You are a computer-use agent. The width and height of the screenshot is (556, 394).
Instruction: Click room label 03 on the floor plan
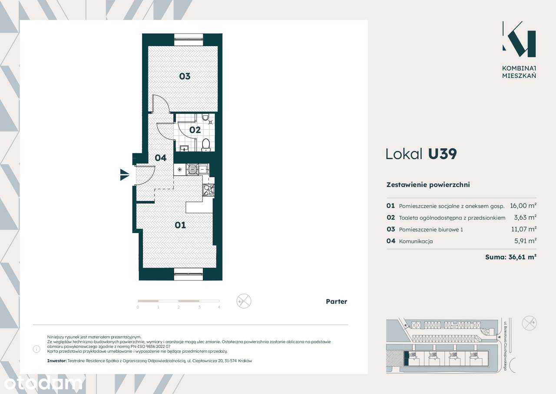[185, 76]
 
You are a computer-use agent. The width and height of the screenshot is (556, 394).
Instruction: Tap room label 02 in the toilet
[195, 130]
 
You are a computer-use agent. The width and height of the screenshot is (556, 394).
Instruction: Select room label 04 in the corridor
[161, 158]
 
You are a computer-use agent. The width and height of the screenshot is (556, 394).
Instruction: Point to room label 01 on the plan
[180, 225]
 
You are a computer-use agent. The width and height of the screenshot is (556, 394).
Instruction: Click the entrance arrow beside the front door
[125, 175]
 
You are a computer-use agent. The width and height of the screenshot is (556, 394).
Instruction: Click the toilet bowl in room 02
[206, 144]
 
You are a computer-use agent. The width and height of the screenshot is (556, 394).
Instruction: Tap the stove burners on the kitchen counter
[209, 190]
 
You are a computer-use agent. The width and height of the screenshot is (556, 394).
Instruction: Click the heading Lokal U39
[421, 154]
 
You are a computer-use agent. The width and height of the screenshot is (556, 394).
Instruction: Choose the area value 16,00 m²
[523, 206]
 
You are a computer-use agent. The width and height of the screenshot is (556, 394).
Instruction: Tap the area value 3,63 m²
[525, 217]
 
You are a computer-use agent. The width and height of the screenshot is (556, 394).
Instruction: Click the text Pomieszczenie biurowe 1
[430, 229]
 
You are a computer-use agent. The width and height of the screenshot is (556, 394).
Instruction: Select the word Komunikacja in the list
[416, 241]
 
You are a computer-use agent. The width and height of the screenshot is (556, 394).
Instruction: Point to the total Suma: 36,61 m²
[510, 257]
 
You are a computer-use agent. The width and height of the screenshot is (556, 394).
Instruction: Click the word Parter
[336, 301]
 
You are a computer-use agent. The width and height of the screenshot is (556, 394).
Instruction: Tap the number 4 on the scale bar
[219, 307]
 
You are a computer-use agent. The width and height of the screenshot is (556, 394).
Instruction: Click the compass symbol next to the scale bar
[244, 301]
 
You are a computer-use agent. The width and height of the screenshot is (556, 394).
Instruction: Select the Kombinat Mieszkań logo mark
[519, 39]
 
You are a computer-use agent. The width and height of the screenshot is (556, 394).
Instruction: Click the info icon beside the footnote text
[36, 349]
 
